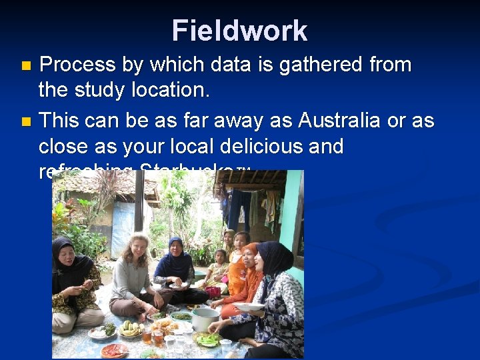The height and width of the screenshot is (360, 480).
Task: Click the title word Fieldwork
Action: [239, 31]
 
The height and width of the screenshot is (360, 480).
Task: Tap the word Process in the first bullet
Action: [78, 65]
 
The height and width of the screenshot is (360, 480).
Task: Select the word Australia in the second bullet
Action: [340, 121]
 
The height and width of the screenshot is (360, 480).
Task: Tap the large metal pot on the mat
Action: [205, 319]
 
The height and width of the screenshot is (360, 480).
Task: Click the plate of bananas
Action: [131, 329]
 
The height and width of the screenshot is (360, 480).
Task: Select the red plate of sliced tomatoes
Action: [114, 349]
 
